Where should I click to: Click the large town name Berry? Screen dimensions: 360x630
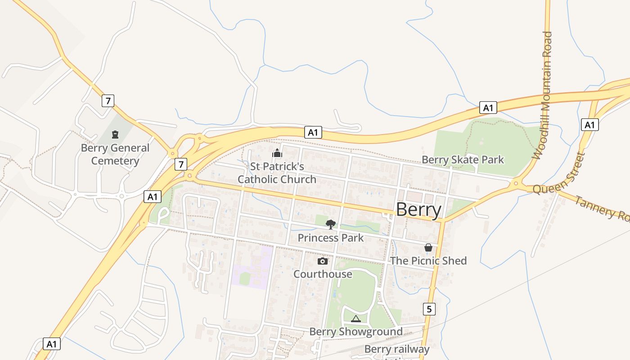coord(418,210)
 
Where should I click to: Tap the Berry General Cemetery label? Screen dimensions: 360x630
coord(115,154)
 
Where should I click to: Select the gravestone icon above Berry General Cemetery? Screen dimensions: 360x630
coord(115,134)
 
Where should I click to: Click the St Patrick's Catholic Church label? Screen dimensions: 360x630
coord(277,173)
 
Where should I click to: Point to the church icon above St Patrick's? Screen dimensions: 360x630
coord(277,154)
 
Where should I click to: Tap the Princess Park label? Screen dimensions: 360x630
coord(331,238)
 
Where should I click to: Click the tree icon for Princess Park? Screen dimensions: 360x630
coord(331,224)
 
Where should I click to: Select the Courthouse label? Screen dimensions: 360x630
coord(323,274)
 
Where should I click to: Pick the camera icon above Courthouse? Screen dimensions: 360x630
coord(323,261)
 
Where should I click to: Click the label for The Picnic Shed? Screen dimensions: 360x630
coord(428,261)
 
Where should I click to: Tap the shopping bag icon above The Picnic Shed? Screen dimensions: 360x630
coord(428,247)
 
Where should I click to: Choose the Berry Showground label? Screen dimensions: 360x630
coord(356,332)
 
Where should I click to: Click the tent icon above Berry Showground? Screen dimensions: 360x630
coord(356,319)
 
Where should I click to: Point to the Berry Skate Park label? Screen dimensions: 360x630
coord(463,160)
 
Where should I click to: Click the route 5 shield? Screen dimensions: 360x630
coord(430,309)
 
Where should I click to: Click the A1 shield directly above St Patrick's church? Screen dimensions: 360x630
coord(313,132)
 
